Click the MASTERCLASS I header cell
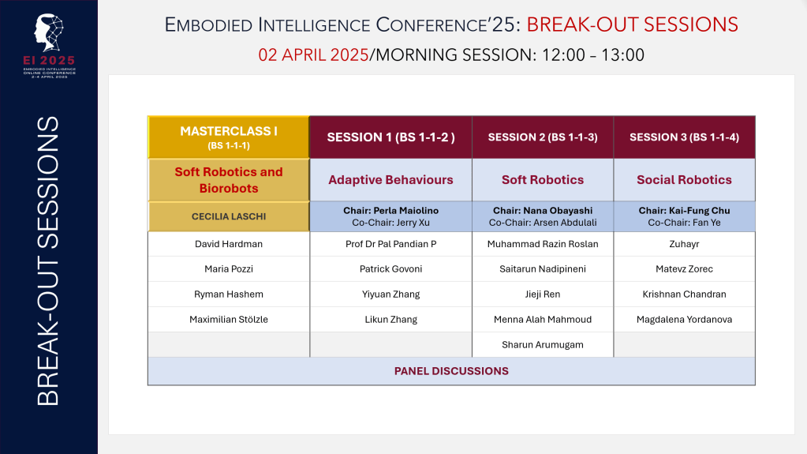click(x=229, y=137)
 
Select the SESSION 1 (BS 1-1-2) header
click(x=390, y=137)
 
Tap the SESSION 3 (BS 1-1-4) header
click(x=684, y=137)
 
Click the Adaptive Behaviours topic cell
click(x=390, y=180)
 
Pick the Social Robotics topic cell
click(x=684, y=180)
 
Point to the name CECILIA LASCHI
click(x=229, y=216)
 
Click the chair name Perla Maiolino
click(x=390, y=211)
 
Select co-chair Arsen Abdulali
click(x=543, y=223)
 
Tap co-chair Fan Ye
click(x=684, y=223)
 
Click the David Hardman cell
click(x=229, y=244)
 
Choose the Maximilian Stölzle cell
click(x=229, y=320)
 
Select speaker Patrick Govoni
click(x=390, y=269)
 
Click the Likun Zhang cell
click(x=390, y=320)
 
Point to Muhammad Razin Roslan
click(x=543, y=244)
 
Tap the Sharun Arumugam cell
click(x=543, y=345)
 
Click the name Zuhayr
click(x=684, y=244)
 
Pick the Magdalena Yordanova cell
click(x=684, y=320)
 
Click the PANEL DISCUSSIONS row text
click(x=451, y=371)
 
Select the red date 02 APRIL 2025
click(x=314, y=55)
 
